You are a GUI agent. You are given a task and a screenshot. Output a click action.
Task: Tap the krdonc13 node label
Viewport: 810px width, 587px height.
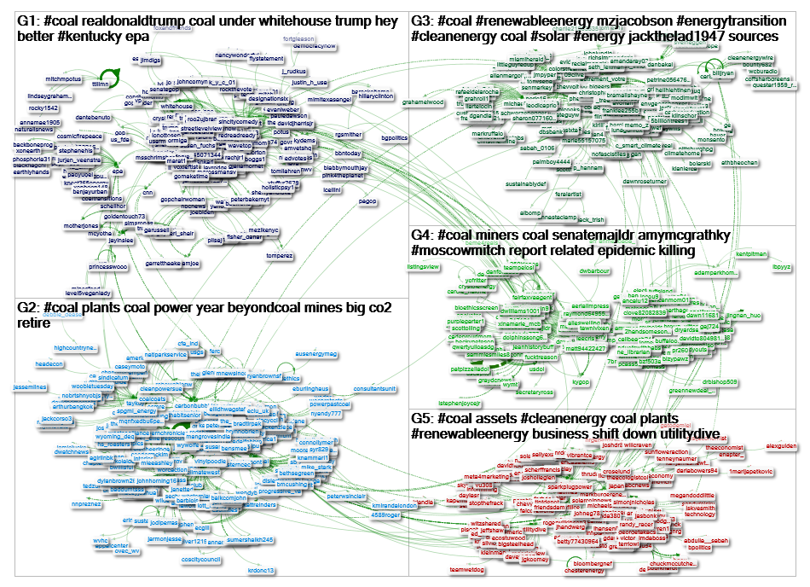[x=261, y=570]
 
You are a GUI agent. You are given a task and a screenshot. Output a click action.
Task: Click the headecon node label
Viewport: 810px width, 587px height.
[x=49, y=363]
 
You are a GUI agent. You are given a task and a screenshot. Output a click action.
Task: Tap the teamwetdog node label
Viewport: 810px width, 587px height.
[x=466, y=569]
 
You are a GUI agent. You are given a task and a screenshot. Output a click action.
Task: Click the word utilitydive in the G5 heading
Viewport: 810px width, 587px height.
[x=686, y=434]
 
